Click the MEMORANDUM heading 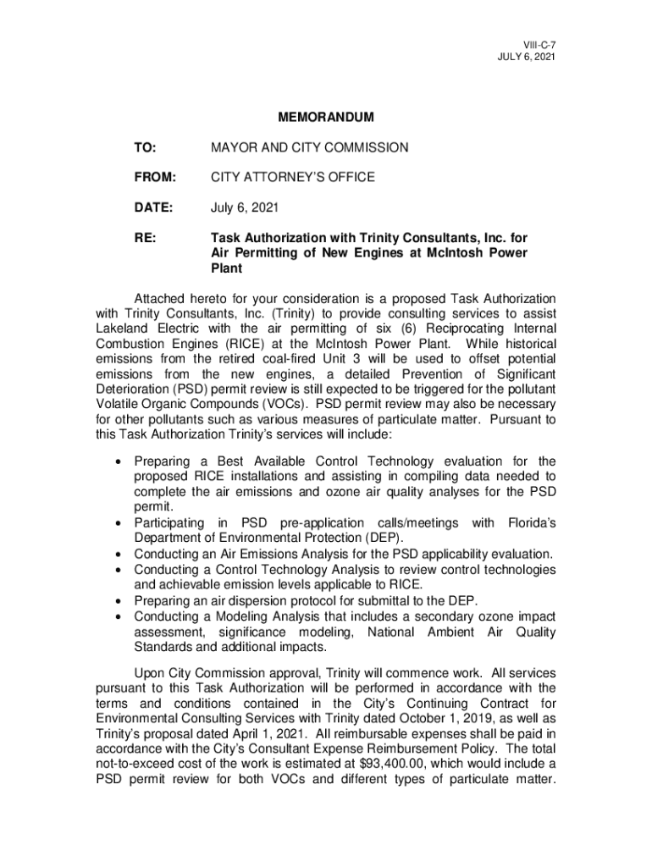tap(326, 117)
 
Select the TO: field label tap(144, 147)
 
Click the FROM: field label tap(152, 177)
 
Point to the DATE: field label tap(152, 207)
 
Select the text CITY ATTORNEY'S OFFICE tap(292, 177)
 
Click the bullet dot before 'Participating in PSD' tap(116, 523)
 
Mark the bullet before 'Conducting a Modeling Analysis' tap(116, 617)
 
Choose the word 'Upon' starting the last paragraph tap(150, 673)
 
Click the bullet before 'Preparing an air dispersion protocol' tap(116, 601)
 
